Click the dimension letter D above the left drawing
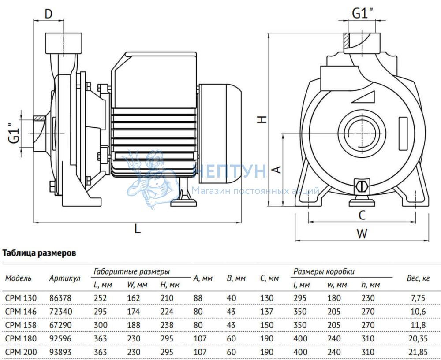tap(49, 13)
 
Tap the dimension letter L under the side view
tap(138, 229)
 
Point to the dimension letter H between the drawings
tap(262, 119)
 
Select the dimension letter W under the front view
tap(362, 234)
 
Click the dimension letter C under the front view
tap(362, 215)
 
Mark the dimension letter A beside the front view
tap(277, 170)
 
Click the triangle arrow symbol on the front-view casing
tap(366, 97)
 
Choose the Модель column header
tap(19, 278)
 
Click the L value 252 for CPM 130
tap(101, 298)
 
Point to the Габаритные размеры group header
tap(132, 271)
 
